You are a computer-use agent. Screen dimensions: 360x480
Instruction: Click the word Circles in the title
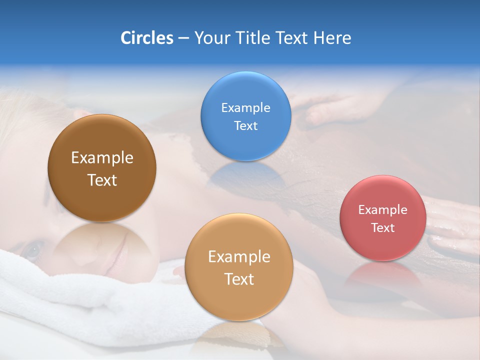click(146, 38)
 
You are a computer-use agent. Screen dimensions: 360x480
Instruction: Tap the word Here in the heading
click(332, 38)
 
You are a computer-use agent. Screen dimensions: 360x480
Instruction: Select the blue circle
click(245, 116)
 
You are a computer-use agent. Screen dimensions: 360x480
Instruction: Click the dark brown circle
click(102, 168)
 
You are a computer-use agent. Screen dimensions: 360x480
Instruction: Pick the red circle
click(382, 217)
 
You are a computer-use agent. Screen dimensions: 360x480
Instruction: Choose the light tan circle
click(238, 267)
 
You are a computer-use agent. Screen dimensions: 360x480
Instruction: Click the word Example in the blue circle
click(245, 107)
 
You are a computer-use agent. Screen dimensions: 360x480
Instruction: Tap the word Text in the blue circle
click(245, 125)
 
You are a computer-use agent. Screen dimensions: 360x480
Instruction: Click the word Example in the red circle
click(382, 209)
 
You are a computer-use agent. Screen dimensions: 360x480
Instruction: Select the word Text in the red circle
click(382, 227)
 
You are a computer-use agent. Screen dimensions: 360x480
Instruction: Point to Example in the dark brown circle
click(102, 157)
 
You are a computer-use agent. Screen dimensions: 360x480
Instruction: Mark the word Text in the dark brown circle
click(102, 180)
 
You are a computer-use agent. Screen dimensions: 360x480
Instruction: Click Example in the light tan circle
click(239, 256)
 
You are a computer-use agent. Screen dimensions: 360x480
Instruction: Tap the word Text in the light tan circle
click(239, 279)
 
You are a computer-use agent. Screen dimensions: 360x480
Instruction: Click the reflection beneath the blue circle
click(245, 175)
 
